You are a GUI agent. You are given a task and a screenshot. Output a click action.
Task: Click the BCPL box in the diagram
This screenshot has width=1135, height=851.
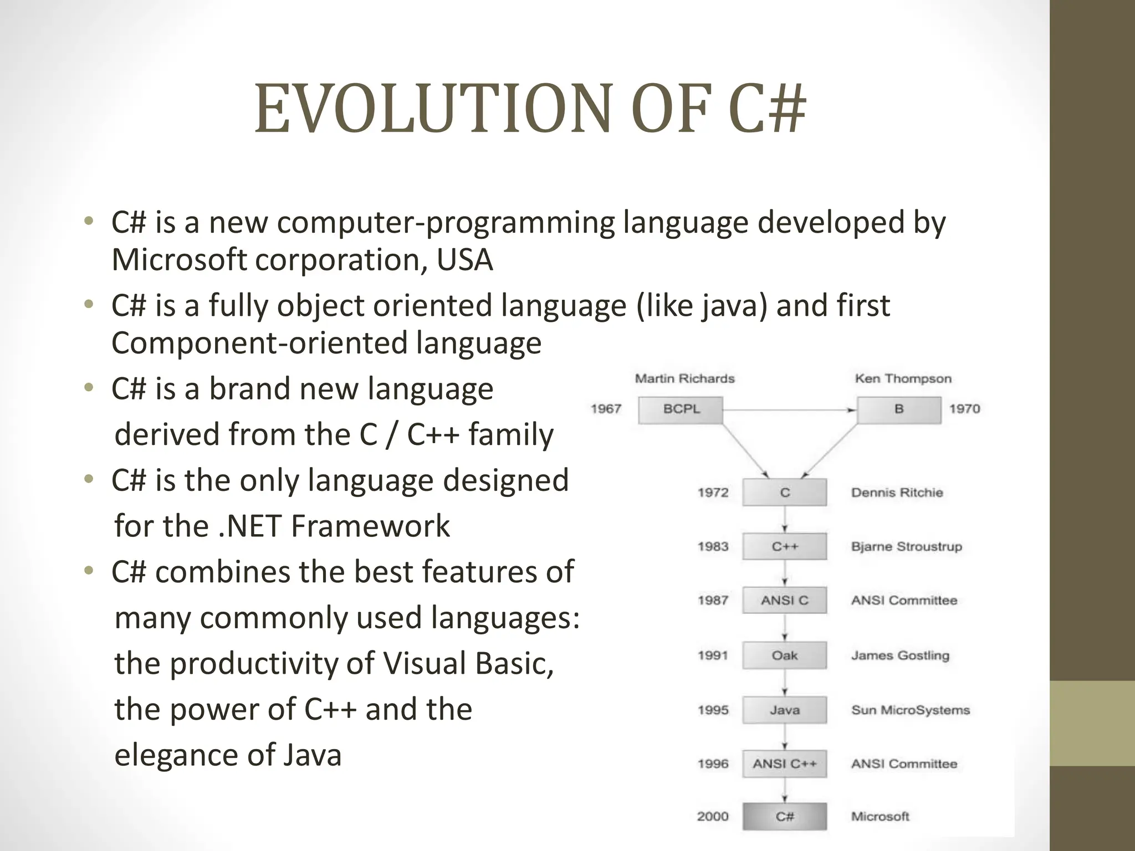681,409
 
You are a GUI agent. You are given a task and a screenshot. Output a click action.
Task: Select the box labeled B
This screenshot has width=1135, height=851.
898,409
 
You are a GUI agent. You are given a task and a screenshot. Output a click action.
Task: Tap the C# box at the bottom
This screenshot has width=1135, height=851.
784,816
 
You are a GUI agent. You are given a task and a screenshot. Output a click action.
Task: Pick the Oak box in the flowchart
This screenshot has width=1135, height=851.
784,655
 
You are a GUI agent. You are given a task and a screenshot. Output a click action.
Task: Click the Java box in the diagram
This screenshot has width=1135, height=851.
784,710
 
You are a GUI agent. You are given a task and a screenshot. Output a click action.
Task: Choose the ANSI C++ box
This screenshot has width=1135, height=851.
784,764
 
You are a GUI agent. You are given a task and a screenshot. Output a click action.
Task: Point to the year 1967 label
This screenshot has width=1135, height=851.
606,409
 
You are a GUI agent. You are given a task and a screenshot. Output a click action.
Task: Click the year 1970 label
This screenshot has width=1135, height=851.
964,409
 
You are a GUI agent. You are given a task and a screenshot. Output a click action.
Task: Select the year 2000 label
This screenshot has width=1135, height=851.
713,816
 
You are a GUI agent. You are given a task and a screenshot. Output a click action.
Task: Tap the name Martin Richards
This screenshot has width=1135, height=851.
684,378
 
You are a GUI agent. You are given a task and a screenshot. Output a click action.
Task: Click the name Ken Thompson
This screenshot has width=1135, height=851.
903,378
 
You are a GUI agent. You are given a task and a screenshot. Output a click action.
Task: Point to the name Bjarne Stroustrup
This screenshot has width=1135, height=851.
906,546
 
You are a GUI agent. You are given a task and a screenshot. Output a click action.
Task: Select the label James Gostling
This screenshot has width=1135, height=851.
900,655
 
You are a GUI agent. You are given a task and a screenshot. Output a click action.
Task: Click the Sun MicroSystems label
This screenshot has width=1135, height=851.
910,710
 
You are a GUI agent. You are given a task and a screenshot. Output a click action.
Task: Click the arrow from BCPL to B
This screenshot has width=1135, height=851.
787,410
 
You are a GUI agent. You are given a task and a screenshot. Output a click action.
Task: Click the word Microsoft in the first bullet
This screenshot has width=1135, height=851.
178,259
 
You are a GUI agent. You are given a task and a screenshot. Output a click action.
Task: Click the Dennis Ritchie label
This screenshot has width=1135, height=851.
897,493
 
